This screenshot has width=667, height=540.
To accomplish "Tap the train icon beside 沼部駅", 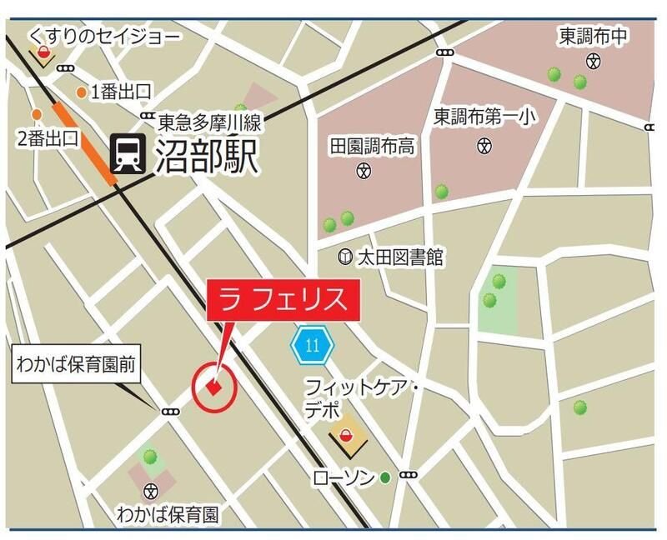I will click(127, 156).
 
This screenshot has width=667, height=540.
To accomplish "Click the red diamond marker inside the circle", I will click(214, 387).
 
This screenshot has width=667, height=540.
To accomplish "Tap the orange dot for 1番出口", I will click(82, 92).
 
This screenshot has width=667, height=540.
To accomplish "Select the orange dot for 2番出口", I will click(37, 114).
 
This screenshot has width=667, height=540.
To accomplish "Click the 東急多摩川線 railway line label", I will click(210, 124).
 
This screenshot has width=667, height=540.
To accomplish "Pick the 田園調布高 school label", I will click(373, 147).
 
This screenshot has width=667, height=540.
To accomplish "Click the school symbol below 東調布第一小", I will click(484, 147).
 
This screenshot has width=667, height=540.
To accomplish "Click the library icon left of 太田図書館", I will click(345, 257).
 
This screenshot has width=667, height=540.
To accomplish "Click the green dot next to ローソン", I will click(385, 477).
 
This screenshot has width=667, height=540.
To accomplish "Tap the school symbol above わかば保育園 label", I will click(151, 489).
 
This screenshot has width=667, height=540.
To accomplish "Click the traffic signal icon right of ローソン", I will click(409, 475).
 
